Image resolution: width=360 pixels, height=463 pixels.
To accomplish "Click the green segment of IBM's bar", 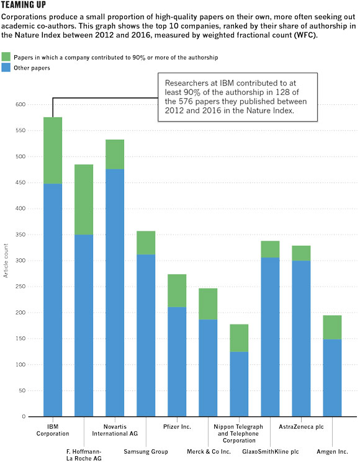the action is click(53, 151).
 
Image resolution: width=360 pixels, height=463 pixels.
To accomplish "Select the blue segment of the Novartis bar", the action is click(115, 292).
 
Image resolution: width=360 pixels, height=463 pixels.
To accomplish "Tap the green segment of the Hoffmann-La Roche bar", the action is click(84, 200).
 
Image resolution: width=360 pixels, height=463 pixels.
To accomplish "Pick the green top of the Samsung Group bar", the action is click(146, 243).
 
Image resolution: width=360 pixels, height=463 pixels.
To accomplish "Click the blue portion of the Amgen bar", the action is click(332, 378).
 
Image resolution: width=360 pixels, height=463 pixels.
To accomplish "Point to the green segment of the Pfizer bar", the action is click(177, 291).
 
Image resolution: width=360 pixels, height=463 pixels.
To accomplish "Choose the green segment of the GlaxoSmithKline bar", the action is click(270, 249).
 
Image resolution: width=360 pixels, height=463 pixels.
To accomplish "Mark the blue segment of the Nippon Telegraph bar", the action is click(239, 384).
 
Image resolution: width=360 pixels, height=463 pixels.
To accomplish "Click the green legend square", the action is click(6, 56).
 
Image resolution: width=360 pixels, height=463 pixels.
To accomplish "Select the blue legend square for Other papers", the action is click(6, 67).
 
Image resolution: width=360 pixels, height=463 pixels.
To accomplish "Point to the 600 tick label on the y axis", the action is click(20, 104).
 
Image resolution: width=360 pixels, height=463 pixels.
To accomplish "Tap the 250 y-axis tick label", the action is click(20, 286).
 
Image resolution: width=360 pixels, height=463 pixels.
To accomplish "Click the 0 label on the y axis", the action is click(24, 416).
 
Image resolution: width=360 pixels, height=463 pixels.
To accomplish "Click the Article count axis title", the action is click(6, 261).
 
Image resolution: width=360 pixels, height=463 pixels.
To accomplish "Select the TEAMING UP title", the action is click(24, 5).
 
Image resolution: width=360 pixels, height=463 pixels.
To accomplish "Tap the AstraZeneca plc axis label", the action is click(301, 426).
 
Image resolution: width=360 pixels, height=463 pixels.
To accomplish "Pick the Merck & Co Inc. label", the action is click(209, 451).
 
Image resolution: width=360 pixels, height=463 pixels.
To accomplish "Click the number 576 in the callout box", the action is click(186, 101).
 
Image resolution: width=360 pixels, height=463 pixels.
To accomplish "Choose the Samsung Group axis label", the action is click(146, 451).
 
